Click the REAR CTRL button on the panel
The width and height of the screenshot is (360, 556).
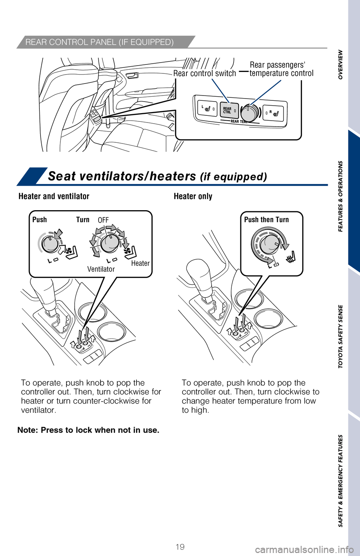[229, 110]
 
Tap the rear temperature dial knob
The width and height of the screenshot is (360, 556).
[249, 112]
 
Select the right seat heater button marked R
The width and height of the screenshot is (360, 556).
[273, 112]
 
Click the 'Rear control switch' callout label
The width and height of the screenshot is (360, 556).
[205, 73]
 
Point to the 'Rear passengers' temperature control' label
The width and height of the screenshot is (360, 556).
[281, 69]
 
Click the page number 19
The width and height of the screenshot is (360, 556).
[180, 547]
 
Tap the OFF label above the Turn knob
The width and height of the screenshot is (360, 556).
[103, 220]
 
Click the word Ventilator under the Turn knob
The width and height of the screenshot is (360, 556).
[101, 269]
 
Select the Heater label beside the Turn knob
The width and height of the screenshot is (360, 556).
[140, 263]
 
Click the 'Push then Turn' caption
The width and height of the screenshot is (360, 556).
[266, 220]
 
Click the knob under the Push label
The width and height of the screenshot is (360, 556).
[50, 244]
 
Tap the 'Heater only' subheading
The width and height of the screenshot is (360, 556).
[193, 196]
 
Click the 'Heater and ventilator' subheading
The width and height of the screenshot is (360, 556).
[54, 196]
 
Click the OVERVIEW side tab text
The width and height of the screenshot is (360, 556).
[340, 64]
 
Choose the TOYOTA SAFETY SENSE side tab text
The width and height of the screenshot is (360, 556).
[340, 336]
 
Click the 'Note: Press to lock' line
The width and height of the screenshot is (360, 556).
[88, 430]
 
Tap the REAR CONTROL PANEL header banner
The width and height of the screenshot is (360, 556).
[99, 42]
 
